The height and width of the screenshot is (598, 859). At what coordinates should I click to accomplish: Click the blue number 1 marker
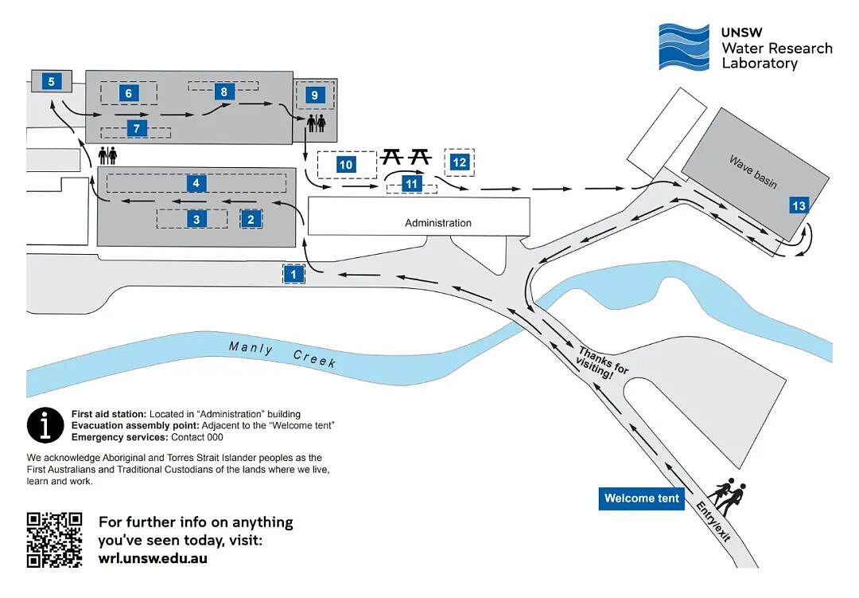pyautogui.click(x=293, y=274)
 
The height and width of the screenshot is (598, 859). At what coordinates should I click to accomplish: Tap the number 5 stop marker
pyautogui.click(x=52, y=82)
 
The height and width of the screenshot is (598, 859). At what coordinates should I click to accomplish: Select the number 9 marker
pyautogui.click(x=314, y=95)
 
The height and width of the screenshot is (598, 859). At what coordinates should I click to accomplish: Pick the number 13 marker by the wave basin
pyautogui.click(x=799, y=205)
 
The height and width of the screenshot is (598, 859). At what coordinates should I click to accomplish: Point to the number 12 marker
pyautogui.click(x=459, y=162)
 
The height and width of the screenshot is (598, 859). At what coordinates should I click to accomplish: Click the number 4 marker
pyautogui.click(x=196, y=183)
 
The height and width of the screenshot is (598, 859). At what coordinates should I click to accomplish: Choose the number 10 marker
pyautogui.click(x=346, y=165)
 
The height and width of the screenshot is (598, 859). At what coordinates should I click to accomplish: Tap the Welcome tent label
pyautogui.click(x=642, y=498)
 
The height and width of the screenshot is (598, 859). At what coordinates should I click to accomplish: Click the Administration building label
pyautogui.click(x=437, y=223)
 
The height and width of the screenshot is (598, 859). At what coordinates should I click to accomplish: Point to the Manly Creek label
pyautogui.click(x=282, y=354)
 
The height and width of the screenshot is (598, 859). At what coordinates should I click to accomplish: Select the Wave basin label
pyautogui.click(x=752, y=171)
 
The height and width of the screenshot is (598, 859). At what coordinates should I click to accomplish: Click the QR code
pyautogui.click(x=54, y=540)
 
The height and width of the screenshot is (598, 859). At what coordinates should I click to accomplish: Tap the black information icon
pyautogui.click(x=45, y=425)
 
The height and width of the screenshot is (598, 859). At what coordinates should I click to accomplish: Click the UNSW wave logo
pyautogui.click(x=684, y=47)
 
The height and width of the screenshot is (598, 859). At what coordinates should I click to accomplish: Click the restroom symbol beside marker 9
pyautogui.click(x=316, y=123)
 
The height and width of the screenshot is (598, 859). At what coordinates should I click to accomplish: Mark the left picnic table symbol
pyautogui.click(x=392, y=157)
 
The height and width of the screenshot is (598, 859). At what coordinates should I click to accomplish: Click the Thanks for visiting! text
pyautogui.click(x=601, y=364)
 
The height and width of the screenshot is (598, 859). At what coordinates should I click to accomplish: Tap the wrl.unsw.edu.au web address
pyautogui.click(x=153, y=559)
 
